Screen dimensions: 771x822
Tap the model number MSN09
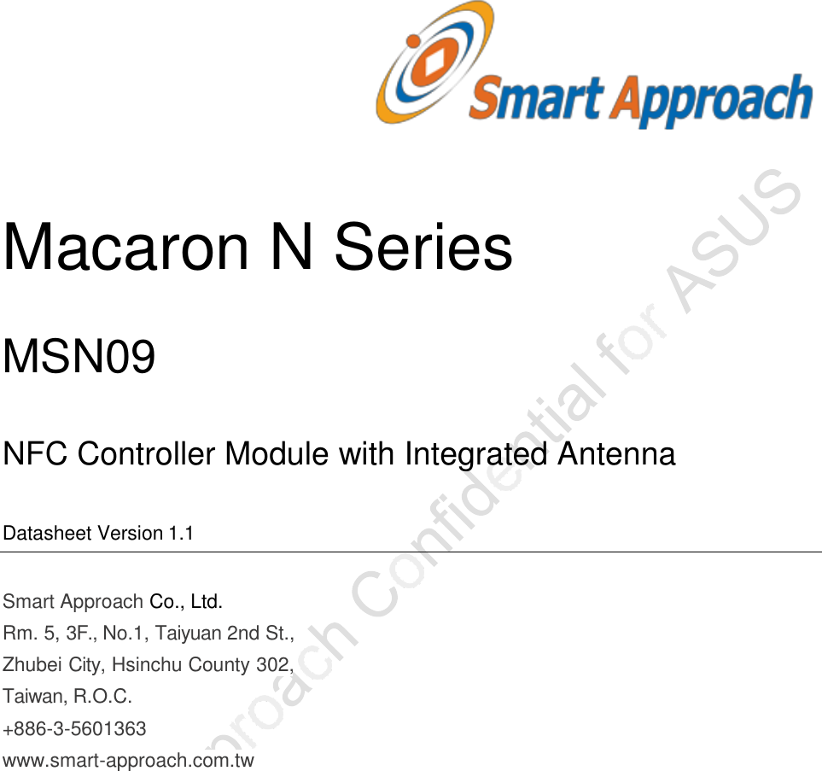tap(79, 357)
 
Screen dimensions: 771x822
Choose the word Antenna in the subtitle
tap(615, 454)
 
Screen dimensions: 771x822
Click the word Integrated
tap(475, 454)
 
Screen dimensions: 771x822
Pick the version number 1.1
tap(180, 534)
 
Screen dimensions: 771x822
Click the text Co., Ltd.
tap(186, 602)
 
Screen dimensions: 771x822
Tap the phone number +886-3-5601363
tap(75, 729)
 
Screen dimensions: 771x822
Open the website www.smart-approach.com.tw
tap(129, 759)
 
